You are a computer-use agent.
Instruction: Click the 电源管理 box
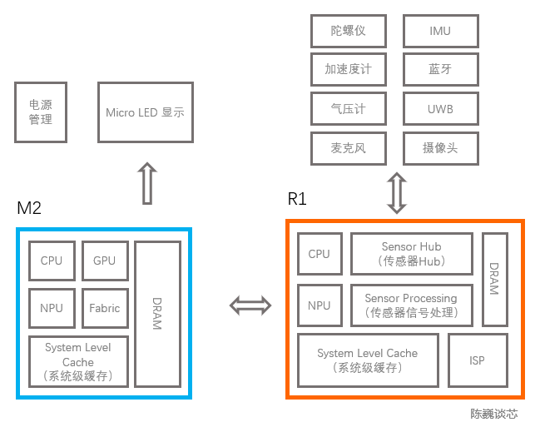[40, 112]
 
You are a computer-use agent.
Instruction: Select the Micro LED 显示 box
[145, 112]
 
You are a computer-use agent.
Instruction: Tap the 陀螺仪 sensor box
[348, 32]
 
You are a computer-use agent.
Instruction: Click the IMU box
[440, 32]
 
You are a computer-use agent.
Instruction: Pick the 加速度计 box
[348, 70]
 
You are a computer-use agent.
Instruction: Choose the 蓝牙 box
[440, 70]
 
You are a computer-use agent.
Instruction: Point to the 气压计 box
[348, 109]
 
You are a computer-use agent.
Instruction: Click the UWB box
[440, 109]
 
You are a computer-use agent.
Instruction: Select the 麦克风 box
[348, 148]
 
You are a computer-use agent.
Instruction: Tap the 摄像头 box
[440, 148]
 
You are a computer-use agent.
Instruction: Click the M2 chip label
[29, 208]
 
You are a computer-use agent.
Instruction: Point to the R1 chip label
[297, 199]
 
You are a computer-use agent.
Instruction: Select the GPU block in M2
[104, 261]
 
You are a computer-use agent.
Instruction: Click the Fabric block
[104, 308]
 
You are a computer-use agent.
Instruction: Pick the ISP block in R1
[477, 360]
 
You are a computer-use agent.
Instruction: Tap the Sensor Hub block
[411, 254]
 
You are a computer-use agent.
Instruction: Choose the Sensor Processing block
[411, 306]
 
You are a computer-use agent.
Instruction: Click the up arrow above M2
[146, 183]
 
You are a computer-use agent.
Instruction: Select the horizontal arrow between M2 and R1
[250, 305]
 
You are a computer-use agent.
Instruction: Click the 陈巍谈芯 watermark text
[493, 414]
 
